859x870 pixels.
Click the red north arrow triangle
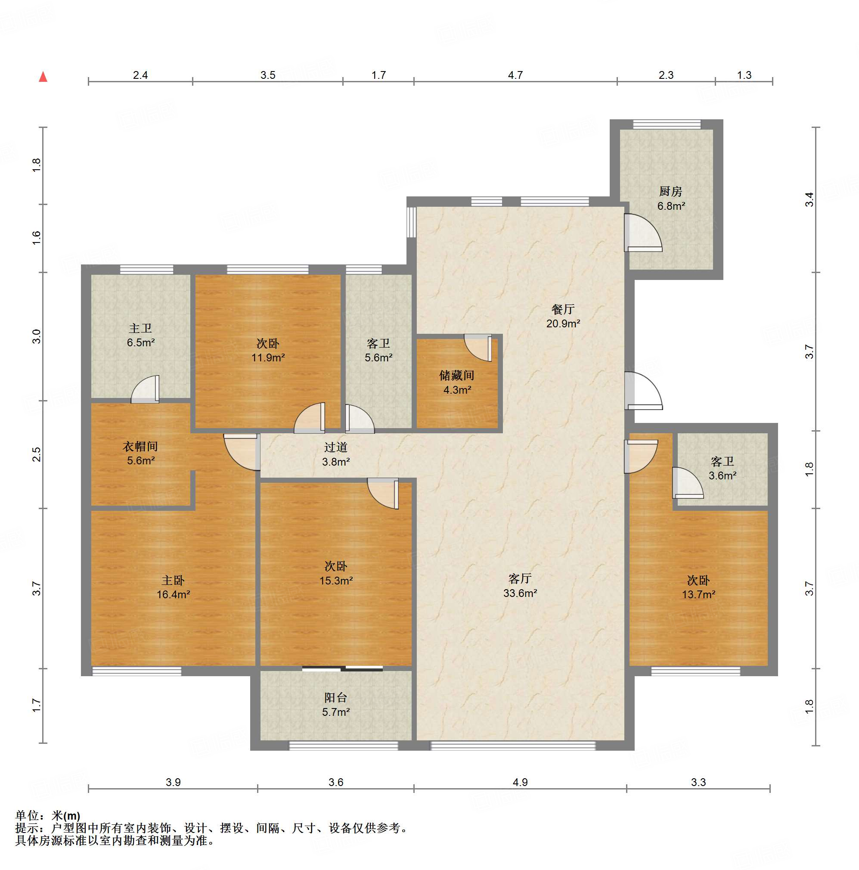coord(43,77)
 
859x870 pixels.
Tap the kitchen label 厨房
coord(671,192)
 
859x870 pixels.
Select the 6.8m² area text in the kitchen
coord(671,206)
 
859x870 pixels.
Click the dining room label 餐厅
coord(563,309)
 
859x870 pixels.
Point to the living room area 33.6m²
coord(520,593)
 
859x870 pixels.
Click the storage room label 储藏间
coord(457,376)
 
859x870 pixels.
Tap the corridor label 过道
coord(336,447)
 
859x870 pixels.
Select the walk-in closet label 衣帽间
coord(140,446)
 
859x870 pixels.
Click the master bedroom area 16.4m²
coord(174,594)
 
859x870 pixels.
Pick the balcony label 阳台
coord(336,698)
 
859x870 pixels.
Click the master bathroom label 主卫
coord(140,328)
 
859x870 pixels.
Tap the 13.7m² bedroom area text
coord(698,594)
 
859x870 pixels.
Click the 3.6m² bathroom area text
coord(722,475)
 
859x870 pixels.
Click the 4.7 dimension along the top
coord(515,75)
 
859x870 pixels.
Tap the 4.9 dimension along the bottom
coord(520,782)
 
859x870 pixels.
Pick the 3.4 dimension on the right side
coord(809,199)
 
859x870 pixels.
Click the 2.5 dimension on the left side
coord(37,454)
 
